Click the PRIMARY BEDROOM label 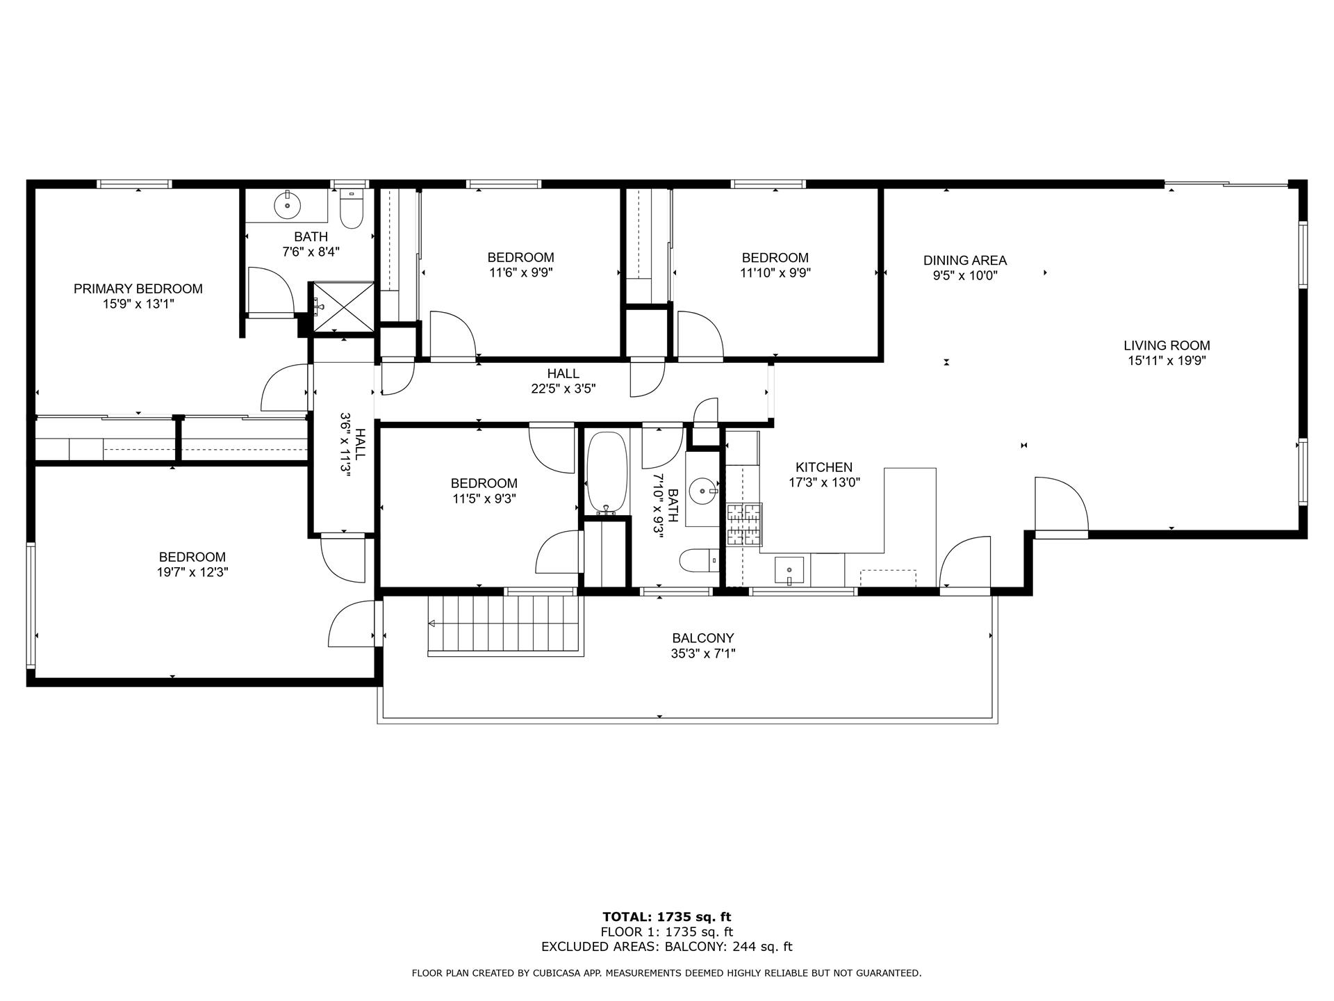(138, 288)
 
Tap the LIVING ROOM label (1167, 345)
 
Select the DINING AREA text (964, 261)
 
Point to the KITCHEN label (824, 467)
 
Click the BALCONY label (702, 638)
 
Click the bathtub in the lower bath (607, 473)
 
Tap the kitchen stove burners (744, 524)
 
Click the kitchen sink (789, 570)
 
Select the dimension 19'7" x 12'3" (192, 573)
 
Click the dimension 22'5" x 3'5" (563, 389)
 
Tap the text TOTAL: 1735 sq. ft (666, 917)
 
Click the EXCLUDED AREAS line (666, 947)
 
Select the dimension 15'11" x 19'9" (1167, 361)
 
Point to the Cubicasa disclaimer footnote (666, 973)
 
